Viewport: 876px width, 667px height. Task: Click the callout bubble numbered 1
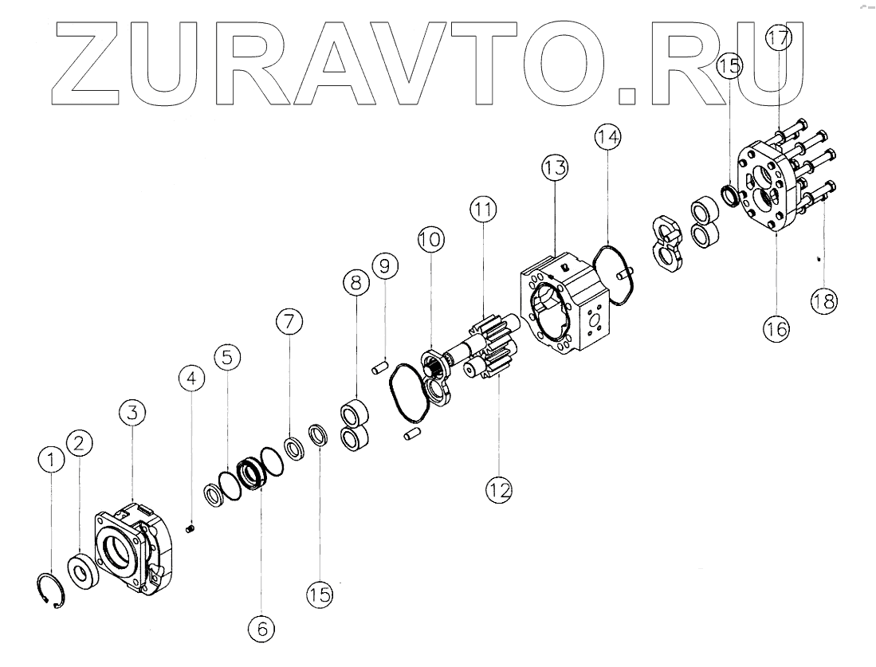pyautogui.click(x=51, y=458)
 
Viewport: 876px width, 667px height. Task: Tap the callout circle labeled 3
pyautogui.click(x=132, y=413)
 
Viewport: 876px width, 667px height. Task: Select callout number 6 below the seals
pyautogui.click(x=261, y=628)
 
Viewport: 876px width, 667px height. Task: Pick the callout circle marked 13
pyautogui.click(x=555, y=168)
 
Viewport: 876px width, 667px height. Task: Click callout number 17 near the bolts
pyautogui.click(x=780, y=38)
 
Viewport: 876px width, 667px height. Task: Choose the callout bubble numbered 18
pyautogui.click(x=823, y=301)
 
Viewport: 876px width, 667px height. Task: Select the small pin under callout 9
pyautogui.click(x=380, y=367)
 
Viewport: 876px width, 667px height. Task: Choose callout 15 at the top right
pyautogui.click(x=729, y=67)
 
